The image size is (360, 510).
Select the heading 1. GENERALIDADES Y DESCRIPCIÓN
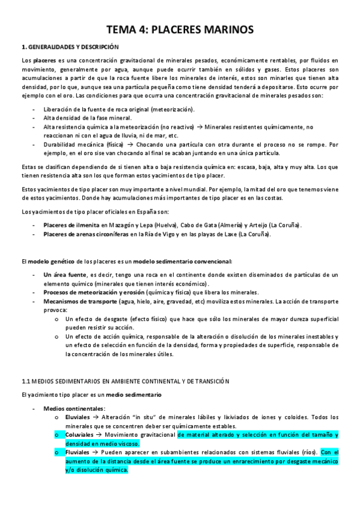(x=70, y=47)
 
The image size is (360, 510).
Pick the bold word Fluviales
(x=78, y=452)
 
